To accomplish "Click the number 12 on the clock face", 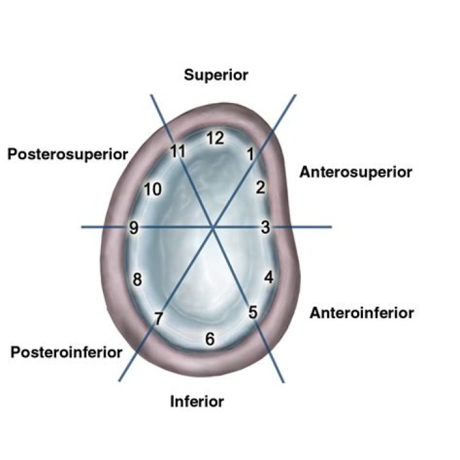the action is (215, 138).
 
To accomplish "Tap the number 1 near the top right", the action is (250, 154).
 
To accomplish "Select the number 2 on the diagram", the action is (261, 187).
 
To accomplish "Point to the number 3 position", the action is (266, 227).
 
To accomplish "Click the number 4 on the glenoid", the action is (269, 277).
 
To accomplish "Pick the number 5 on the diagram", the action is (253, 312).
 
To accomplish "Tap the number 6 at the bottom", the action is (210, 339).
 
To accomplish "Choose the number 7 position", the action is (158, 319).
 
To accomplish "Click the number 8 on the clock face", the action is (137, 279).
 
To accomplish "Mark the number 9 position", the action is (134, 227).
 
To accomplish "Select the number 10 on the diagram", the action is (153, 189).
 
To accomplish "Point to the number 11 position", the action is (178, 151).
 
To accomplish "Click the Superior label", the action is (216, 75).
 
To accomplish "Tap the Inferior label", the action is (197, 401).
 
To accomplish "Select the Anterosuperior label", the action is (356, 172).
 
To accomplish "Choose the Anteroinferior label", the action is (362, 313).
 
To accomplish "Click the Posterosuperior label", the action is (68, 155).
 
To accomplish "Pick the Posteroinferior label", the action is (66, 352).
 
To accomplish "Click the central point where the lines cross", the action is (213, 227).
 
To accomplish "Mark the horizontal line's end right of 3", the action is (332, 227).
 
